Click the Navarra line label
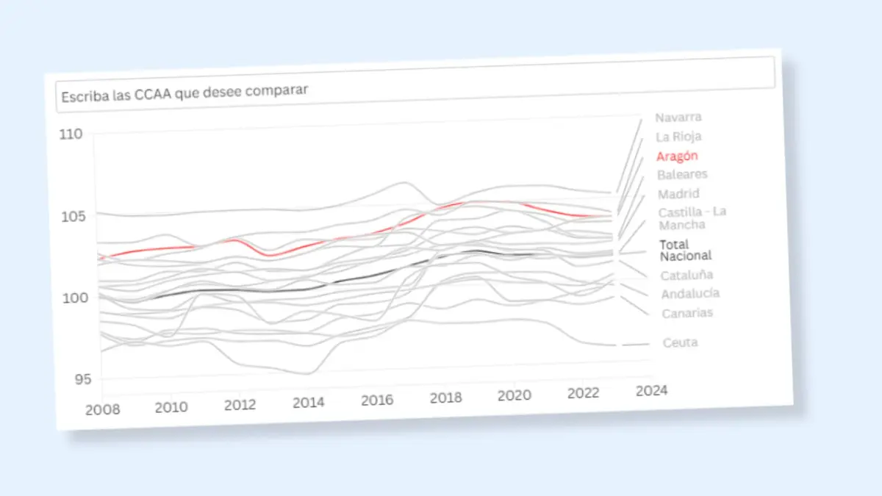(x=678, y=117)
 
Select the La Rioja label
(x=678, y=137)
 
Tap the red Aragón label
(x=677, y=156)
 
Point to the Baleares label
(x=682, y=175)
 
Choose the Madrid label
(x=678, y=194)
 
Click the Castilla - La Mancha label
(x=692, y=218)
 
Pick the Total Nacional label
(x=685, y=250)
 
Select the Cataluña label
(x=686, y=276)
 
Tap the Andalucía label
(x=690, y=294)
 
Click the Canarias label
(x=687, y=313)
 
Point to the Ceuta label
(x=680, y=342)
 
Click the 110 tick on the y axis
(x=71, y=134)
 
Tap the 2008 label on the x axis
(x=103, y=409)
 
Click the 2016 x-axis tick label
(x=377, y=401)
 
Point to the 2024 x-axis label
(x=651, y=390)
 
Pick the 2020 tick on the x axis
(x=514, y=396)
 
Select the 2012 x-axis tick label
(x=240, y=405)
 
